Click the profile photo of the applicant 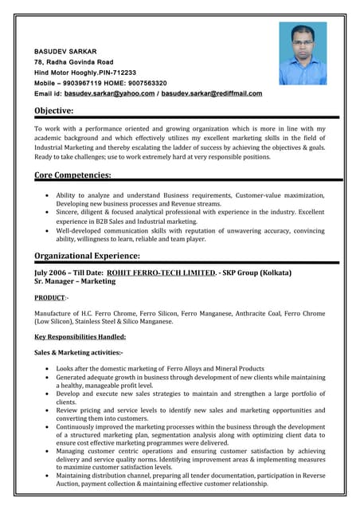click(302, 53)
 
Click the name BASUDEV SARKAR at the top click(65, 51)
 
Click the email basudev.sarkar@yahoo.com click(109, 93)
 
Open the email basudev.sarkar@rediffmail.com click(211, 93)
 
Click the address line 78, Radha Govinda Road click(73, 62)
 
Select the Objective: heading click(54, 111)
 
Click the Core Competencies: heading click(72, 175)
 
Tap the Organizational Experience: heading click(88, 256)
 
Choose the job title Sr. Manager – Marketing click(75, 282)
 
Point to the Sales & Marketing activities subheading click(78, 351)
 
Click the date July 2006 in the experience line click(52, 273)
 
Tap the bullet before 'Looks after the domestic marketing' click(48, 370)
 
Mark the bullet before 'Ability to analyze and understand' click(48, 195)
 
